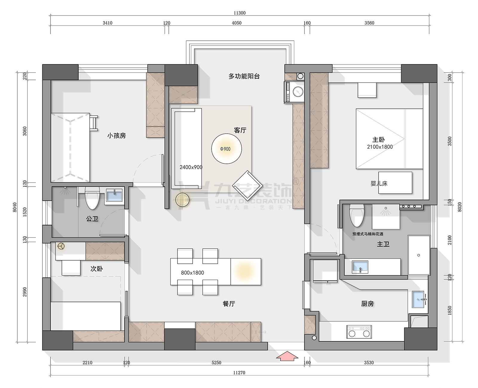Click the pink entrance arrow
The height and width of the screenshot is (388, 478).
(287, 356)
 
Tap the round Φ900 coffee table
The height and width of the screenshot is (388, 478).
(226, 149)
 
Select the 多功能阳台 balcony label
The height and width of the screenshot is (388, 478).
(244, 76)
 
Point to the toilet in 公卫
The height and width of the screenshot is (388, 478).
(92, 198)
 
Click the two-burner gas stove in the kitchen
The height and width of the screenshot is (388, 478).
(359, 332)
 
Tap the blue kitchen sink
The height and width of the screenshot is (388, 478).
(418, 299)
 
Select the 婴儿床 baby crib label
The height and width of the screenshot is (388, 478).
(379, 184)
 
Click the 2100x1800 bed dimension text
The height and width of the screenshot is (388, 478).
(380, 147)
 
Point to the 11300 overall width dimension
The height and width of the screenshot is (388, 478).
(240, 13)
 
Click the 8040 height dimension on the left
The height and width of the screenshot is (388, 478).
(15, 207)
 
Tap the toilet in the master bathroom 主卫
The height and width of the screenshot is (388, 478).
(357, 216)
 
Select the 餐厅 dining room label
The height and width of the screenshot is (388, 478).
(229, 304)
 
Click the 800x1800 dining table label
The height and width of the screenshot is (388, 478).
(193, 273)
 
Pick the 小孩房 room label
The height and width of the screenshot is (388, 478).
(117, 136)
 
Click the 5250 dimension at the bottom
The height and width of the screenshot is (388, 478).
(216, 363)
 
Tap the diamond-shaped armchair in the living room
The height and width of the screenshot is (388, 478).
(247, 186)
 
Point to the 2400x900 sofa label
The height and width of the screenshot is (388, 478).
(191, 167)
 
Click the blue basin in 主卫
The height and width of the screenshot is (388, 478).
(360, 267)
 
